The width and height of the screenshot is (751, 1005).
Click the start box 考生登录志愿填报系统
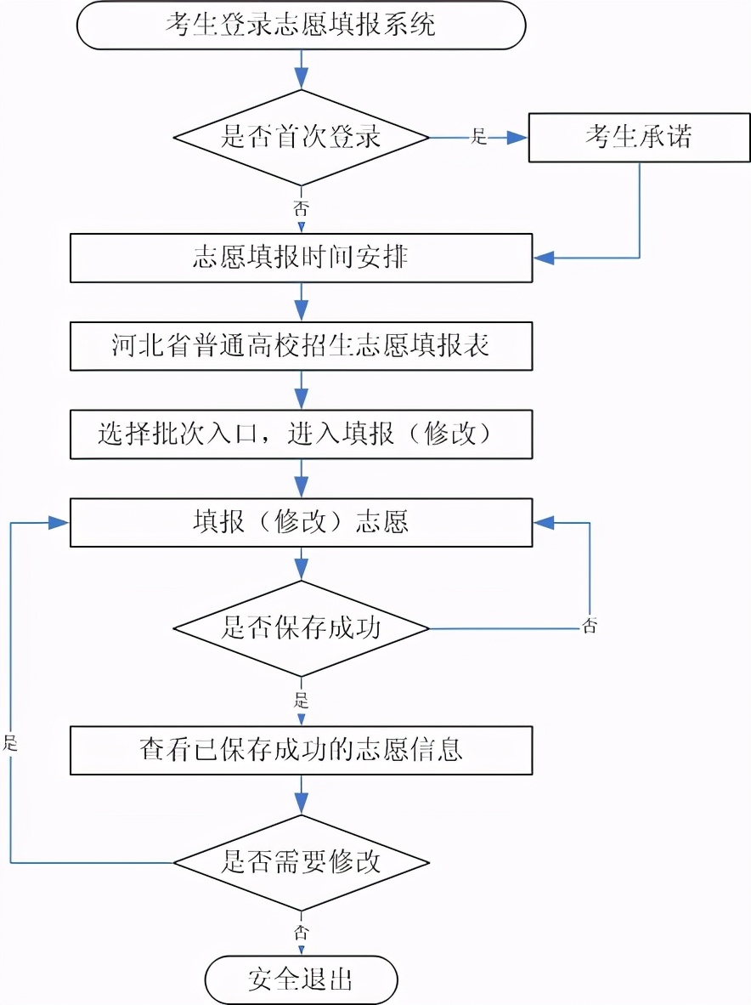pos(301,26)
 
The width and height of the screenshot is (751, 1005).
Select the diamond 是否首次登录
pos(301,137)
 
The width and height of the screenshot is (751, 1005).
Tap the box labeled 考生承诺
pos(639,137)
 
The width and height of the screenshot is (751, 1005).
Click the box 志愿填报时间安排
pos(301,258)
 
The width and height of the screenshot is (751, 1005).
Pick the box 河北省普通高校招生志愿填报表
pos(301,346)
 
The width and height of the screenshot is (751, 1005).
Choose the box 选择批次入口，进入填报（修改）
pos(301,434)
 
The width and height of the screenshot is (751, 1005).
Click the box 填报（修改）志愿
pos(301,522)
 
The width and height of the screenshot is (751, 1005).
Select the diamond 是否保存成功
pos(301,628)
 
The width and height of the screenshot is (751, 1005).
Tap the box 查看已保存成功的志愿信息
pos(301,750)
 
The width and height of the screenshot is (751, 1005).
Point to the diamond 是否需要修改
pos(301,863)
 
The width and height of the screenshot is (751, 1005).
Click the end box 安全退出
pos(301,979)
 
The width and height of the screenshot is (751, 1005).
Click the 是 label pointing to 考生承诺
pos(479,136)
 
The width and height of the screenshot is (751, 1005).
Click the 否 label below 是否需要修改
pos(301,931)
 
